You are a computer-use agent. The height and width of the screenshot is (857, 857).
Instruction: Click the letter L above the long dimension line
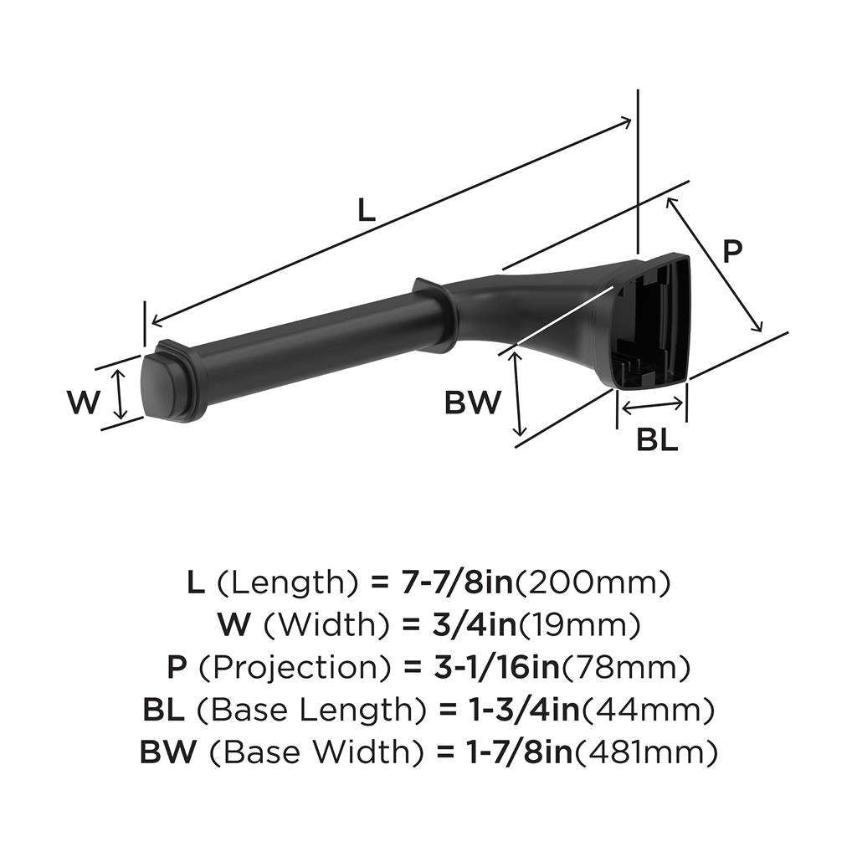pyautogui.click(x=366, y=209)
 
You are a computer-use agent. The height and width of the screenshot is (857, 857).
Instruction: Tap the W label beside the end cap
pyautogui.click(x=83, y=403)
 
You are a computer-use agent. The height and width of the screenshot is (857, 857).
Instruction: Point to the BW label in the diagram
pyautogui.click(x=472, y=403)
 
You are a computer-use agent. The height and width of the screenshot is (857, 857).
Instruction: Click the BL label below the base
pyautogui.click(x=656, y=441)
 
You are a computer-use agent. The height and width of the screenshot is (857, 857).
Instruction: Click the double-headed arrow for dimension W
pyautogui.click(x=121, y=395)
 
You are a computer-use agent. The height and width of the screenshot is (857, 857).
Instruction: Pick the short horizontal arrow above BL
pyautogui.click(x=651, y=406)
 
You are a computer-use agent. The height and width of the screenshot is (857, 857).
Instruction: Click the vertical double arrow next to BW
pyautogui.click(x=519, y=393)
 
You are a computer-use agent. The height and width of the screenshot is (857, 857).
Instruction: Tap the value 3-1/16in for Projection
pyautogui.click(x=485, y=667)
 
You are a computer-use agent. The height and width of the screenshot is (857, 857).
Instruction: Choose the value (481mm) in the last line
pyautogui.click(x=645, y=752)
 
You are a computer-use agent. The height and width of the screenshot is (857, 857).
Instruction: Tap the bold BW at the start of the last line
pyautogui.click(x=167, y=752)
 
